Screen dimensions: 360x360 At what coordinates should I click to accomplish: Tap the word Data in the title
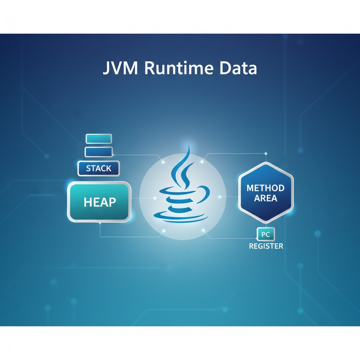(238, 69)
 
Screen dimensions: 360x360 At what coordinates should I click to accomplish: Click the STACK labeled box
(98, 168)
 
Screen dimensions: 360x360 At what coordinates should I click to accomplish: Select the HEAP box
(99, 202)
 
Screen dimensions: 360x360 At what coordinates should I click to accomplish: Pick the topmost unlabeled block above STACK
(98, 139)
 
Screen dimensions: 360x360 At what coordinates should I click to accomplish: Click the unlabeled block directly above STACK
(98, 152)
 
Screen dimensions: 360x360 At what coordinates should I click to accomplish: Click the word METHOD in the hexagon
(266, 188)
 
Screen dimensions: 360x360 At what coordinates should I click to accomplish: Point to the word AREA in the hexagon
(266, 198)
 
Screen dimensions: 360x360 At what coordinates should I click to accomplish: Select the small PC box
(266, 234)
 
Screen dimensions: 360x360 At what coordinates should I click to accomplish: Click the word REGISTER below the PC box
(266, 246)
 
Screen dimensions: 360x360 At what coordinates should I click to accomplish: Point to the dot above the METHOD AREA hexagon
(266, 154)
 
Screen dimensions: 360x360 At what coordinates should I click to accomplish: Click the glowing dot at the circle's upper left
(163, 162)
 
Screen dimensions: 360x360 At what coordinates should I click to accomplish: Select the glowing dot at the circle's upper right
(202, 162)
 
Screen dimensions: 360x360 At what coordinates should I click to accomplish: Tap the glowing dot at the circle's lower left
(163, 231)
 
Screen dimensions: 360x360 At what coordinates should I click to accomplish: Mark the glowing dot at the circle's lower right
(203, 230)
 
